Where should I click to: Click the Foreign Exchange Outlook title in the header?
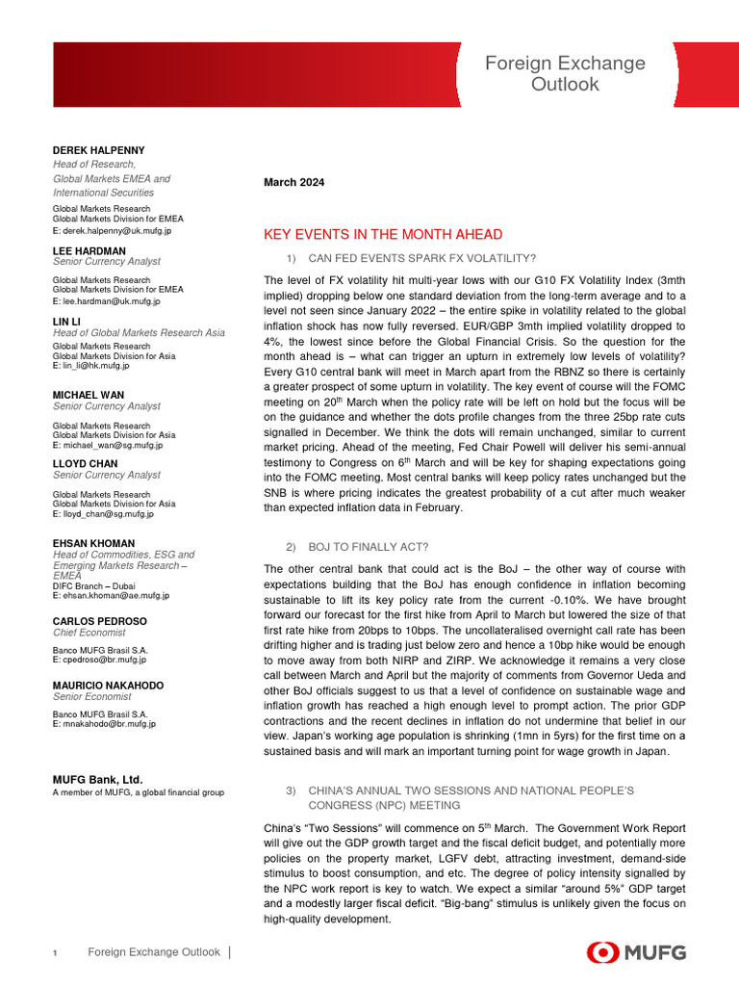[565, 74]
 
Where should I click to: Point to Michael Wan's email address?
[107, 445]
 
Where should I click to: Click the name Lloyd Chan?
[86, 463]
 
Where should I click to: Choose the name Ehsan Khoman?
[93, 543]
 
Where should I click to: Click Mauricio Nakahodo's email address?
[104, 723]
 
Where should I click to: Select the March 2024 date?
[293, 182]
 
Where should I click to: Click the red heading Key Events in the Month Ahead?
[382, 235]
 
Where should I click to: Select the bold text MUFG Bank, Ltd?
[97, 778]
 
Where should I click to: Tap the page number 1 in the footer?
[56, 953]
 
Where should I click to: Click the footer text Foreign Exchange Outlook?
[153, 952]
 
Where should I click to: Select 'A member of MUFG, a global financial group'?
[138, 792]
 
